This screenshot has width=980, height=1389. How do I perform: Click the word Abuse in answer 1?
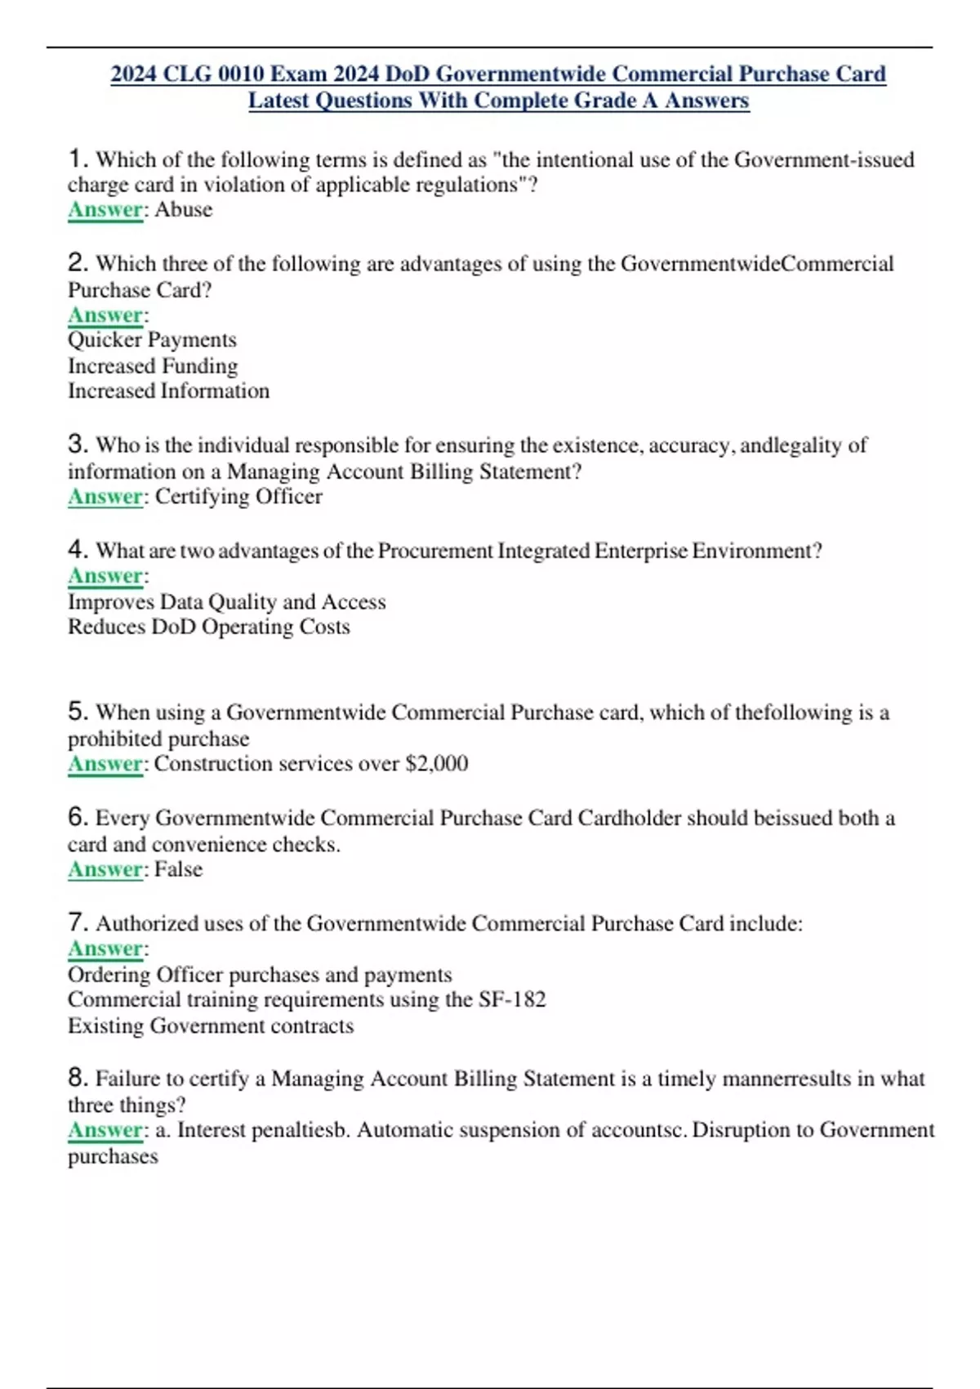184,210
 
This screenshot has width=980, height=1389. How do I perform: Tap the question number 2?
77,263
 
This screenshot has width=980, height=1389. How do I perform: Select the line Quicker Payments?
152,340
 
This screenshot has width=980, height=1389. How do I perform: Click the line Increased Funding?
153,366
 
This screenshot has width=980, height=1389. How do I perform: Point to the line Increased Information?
168,391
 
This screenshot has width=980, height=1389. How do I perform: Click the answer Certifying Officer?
238,497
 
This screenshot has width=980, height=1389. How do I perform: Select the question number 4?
77,549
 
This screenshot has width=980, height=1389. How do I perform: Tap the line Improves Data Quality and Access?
226,602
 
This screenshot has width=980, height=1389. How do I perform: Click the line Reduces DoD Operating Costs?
208,628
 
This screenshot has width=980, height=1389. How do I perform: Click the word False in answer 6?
178,869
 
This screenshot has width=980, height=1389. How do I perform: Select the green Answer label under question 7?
105,949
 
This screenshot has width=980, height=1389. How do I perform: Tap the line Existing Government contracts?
211,1026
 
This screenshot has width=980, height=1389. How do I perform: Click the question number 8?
77,1078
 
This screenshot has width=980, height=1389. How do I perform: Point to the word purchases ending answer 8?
113,1157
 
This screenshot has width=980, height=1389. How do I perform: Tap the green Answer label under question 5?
105,764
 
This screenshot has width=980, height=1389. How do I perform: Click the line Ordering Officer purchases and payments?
260,975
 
